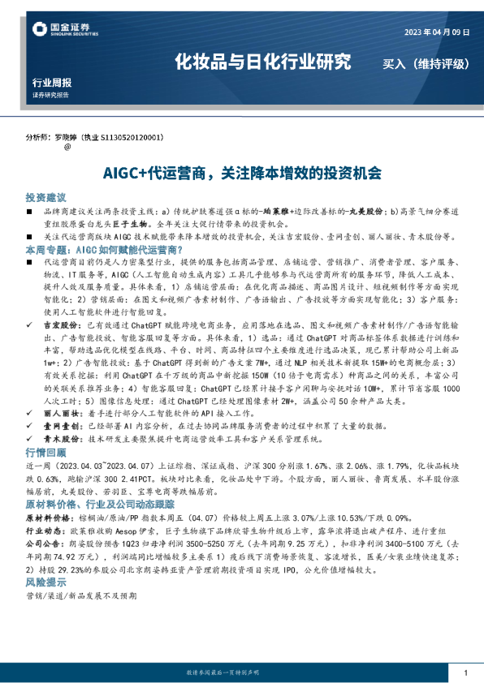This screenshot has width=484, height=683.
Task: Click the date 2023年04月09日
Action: pos(437,32)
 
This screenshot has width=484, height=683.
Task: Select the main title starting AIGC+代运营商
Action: pos(242,173)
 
